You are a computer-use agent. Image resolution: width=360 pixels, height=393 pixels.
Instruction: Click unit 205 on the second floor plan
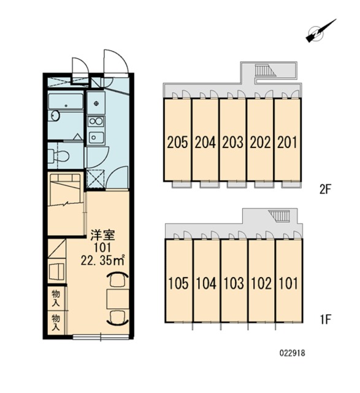177,140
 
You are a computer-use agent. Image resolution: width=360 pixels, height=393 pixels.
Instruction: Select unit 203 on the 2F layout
232,140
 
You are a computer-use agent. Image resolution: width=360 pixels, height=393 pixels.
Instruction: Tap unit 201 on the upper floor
288,140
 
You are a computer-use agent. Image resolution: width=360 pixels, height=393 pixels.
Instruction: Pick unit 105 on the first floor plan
178,281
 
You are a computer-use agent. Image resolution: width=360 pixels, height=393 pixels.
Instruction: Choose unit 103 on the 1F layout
234,281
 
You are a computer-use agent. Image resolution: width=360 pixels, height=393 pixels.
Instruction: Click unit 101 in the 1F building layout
289,281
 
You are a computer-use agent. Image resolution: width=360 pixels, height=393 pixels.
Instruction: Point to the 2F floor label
325,190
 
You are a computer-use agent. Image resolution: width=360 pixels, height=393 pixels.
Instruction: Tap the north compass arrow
321,31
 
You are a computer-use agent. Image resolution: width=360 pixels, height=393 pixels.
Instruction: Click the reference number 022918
292,354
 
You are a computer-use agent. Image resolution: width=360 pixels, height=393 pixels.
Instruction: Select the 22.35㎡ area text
102,260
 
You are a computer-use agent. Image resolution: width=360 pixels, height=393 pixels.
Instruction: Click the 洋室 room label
102,236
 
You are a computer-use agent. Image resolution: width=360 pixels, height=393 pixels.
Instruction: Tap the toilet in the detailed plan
58,155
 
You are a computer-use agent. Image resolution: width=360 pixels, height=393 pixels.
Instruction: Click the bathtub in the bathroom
66,101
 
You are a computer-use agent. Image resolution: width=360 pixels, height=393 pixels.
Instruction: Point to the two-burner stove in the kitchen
96,122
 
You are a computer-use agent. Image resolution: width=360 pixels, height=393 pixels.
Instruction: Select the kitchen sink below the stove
96,138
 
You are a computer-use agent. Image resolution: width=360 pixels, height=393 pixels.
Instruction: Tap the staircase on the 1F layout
280,216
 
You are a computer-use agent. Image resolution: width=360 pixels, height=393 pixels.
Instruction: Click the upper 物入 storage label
56,298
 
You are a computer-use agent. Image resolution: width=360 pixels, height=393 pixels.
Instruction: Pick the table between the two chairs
118,299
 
